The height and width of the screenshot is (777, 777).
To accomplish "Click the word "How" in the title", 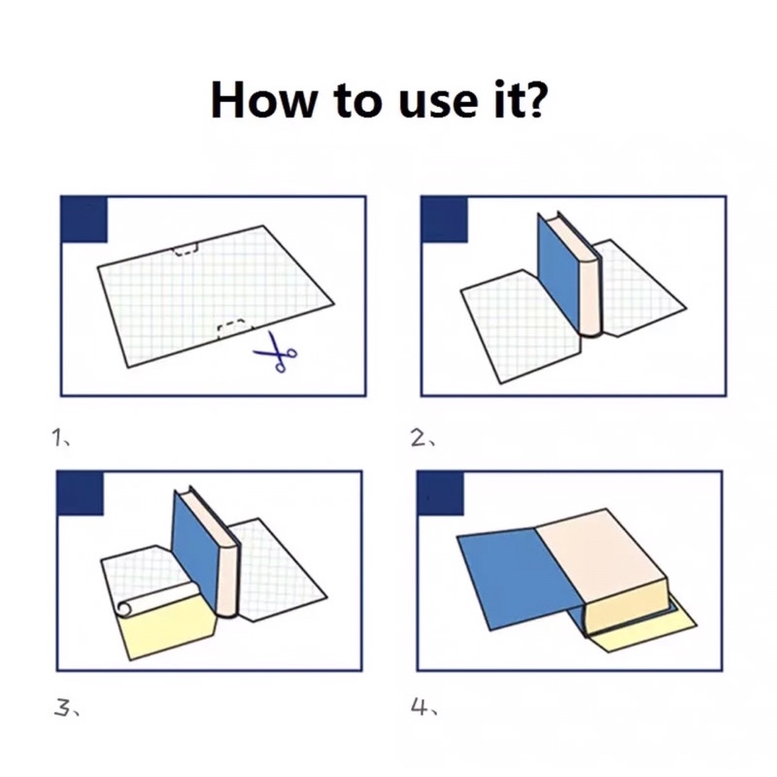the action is (x=263, y=100).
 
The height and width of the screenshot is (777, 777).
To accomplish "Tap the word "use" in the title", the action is (x=436, y=104).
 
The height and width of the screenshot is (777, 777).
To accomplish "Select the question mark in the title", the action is (x=532, y=99).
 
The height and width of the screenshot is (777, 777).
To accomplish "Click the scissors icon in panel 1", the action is (x=277, y=352).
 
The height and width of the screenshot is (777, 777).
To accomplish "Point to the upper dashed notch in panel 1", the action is (x=185, y=250).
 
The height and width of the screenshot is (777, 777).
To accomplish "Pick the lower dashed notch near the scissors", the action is (x=231, y=327).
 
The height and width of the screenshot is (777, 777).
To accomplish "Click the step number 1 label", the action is (x=59, y=437).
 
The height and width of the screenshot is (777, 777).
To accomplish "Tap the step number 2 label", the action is (x=422, y=438).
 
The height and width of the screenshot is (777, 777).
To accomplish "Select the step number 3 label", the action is (x=65, y=708).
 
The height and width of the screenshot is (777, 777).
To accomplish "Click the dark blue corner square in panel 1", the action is (x=84, y=220).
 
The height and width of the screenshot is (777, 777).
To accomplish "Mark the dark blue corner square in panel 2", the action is (x=444, y=220).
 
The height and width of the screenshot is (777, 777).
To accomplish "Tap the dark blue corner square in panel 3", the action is (x=81, y=493).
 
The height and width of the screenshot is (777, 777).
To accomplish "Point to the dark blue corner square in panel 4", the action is (x=441, y=493).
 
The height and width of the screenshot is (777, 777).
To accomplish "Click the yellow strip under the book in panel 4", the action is (x=644, y=632).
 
